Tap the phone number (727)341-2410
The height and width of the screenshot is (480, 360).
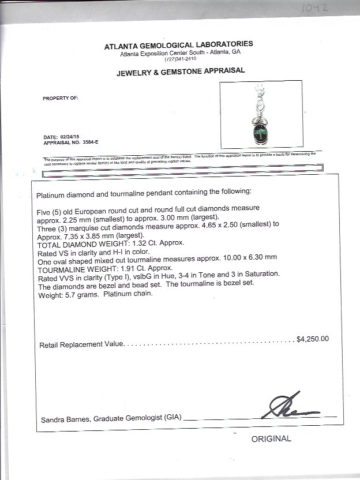180,59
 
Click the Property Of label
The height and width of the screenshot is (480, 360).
59,99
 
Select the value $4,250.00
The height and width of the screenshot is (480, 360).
313,339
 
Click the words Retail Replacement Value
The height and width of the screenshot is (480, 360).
81,344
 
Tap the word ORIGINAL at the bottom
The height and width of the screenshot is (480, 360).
271,439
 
